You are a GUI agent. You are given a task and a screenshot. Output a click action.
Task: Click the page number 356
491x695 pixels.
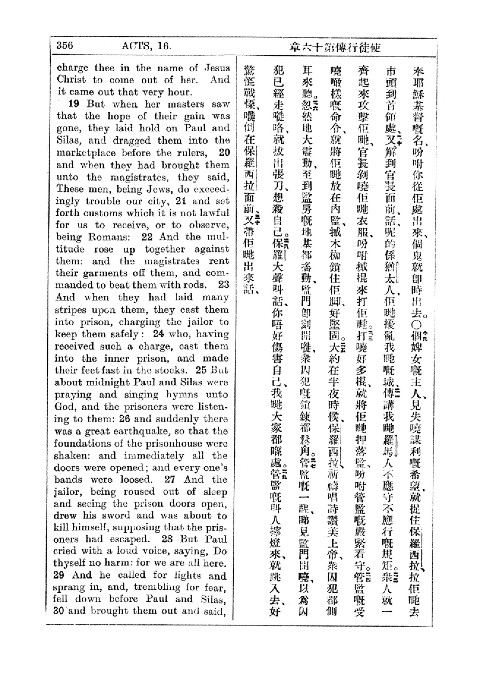point(64,45)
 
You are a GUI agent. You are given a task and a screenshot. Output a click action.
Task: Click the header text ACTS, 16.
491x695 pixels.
point(146,46)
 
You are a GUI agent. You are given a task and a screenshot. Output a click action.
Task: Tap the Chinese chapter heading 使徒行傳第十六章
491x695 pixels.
point(335,48)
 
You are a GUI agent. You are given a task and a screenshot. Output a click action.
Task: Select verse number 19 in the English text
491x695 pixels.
point(73,104)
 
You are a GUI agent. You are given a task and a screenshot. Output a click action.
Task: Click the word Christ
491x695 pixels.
point(72,80)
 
